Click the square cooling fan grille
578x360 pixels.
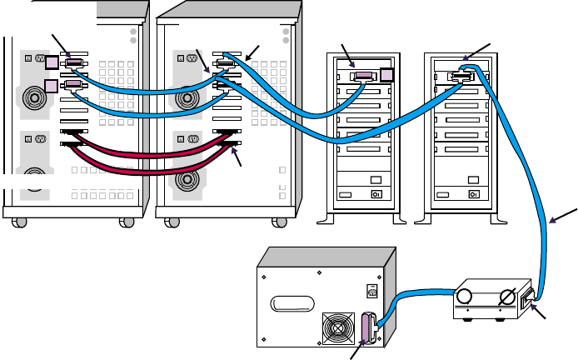point(338,327)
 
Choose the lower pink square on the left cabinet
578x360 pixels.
point(50,86)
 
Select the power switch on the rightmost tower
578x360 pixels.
point(474,197)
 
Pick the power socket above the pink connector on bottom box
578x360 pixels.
point(372,292)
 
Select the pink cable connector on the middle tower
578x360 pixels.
point(363,76)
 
